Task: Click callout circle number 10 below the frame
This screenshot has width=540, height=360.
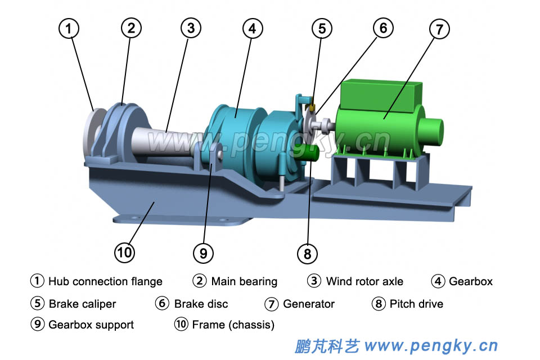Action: coord(124,253)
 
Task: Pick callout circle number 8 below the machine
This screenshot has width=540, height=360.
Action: coord(307,254)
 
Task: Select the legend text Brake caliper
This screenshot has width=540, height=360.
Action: coord(82,304)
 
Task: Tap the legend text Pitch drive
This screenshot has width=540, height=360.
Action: coord(416,304)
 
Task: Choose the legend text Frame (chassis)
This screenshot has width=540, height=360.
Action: coord(233,325)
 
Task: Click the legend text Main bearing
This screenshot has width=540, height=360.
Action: coord(244,281)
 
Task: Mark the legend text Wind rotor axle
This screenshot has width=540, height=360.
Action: coord(364,281)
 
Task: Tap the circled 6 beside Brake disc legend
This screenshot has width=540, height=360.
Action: coord(163,304)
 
